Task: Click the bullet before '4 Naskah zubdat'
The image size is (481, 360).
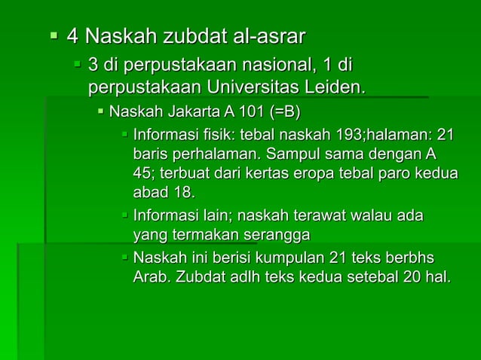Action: click(x=53, y=35)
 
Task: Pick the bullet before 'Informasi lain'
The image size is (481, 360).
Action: click(x=125, y=217)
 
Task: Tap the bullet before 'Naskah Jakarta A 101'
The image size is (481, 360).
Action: click(x=101, y=113)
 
